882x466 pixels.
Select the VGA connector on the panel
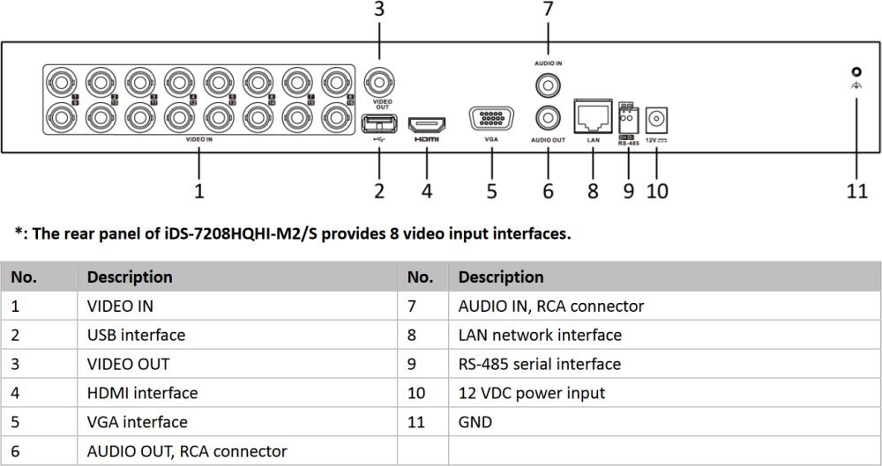coord(492,120)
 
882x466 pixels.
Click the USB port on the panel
coord(379,120)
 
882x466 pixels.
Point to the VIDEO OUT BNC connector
coord(379,85)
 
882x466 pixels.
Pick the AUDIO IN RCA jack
coord(548,85)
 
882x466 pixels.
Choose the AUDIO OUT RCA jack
coord(548,118)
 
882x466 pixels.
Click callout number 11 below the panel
coord(857,190)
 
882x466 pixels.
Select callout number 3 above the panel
coord(379,11)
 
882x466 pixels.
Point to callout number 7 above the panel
coord(548,11)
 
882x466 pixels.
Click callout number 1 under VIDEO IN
coord(199,190)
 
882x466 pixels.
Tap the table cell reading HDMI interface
coord(142,393)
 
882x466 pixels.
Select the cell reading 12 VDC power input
coord(532,393)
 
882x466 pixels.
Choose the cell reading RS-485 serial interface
coord(540,364)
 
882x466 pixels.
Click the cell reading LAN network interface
coord(540,335)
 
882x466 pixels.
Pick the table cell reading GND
coord(475,422)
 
